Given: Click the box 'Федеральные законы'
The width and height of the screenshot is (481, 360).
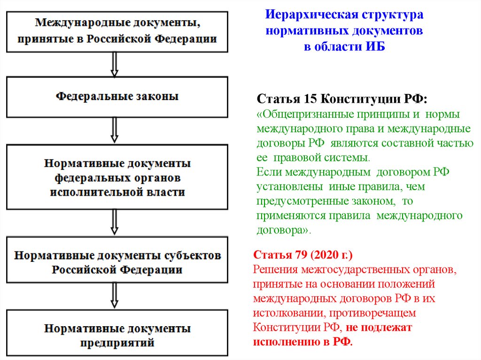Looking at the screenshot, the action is point(117,97).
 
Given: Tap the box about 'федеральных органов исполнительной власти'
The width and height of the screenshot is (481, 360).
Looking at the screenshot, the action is point(117,178).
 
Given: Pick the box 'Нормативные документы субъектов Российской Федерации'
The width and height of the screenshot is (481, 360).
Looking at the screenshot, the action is point(117,263).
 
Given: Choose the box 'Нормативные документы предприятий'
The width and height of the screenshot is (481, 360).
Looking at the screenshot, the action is point(117,335).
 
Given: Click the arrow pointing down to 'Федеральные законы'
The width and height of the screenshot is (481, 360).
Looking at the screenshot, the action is point(114,64).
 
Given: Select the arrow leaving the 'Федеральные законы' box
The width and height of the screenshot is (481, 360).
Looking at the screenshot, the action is point(114,130).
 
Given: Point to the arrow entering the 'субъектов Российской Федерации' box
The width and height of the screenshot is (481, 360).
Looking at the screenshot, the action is point(114,222).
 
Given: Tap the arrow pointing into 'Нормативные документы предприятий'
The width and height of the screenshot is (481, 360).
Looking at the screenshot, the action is point(114,296).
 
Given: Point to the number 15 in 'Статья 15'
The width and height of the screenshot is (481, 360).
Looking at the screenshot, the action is point(308,100).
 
